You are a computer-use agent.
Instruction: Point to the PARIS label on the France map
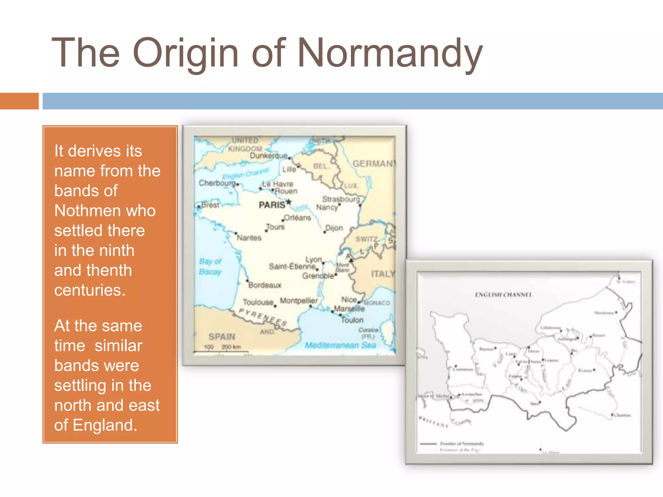[x=272, y=205]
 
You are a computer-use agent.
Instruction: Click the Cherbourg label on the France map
[x=217, y=183]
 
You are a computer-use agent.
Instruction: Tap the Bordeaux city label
[x=264, y=285]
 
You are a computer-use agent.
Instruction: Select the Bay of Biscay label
[x=210, y=267]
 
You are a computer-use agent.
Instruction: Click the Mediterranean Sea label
[x=340, y=345]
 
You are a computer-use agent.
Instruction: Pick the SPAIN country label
[x=222, y=337]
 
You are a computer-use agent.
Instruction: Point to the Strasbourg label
[x=341, y=199]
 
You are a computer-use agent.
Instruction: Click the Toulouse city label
[x=258, y=302]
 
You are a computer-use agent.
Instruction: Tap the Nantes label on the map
[x=249, y=238]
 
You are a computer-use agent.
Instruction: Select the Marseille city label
[x=349, y=309]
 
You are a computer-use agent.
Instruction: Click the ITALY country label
[x=383, y=274]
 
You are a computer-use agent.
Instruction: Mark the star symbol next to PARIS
[x=289, y=203]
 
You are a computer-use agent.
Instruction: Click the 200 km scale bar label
[x=231, y=347]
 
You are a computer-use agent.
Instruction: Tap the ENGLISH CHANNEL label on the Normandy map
[x=503, y=295]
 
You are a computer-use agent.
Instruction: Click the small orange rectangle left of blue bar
[x=19, y=101]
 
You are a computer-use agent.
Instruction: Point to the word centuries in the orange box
[x=90, y=290]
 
